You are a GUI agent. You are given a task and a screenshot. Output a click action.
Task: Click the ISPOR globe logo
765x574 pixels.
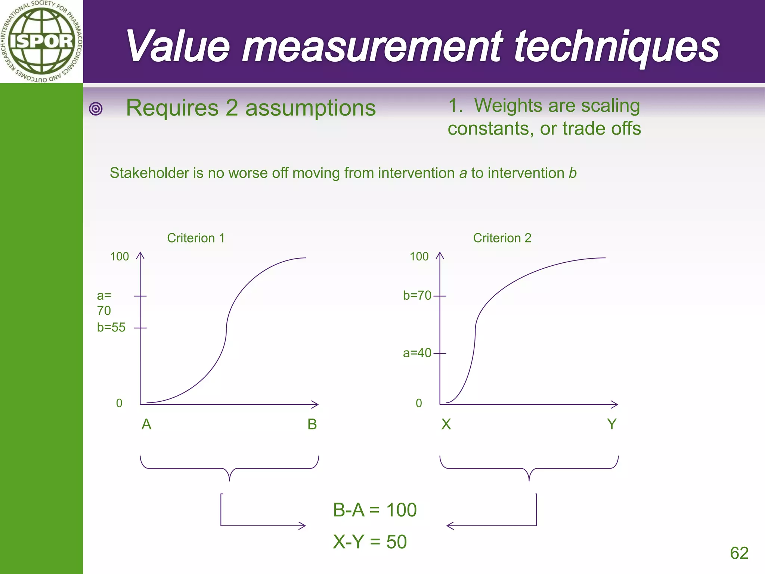[x=41, y=41]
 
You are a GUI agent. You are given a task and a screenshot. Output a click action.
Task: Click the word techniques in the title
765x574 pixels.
[x=616, y=47]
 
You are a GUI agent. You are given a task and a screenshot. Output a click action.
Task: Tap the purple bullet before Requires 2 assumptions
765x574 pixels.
[x=96, y=109]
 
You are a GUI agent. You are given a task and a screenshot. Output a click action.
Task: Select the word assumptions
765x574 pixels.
[x=310, y=108]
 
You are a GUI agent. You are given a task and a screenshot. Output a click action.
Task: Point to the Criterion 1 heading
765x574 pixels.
[x=196, y=238]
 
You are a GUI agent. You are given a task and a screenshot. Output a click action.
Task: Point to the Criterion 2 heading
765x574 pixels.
[x=502, y=238]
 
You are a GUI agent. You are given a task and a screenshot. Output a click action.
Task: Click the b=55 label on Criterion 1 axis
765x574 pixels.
[x=111, y=327]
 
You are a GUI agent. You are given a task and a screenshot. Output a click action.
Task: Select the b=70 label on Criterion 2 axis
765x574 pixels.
[x=417, y=296]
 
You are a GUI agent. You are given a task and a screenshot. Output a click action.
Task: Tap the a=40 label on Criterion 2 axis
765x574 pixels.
[x=417, y=353]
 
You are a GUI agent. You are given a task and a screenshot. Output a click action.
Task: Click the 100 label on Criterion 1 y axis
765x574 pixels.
[x=119, y=257]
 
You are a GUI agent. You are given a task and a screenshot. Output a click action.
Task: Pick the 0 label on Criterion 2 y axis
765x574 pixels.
[x=419, y=403]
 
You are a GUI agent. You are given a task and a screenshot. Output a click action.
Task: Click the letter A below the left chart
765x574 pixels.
[x=146, y=425]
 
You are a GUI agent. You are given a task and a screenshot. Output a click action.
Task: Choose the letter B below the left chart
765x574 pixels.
[x=312, y=425]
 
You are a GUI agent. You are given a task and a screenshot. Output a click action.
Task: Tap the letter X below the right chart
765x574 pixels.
[x=446, y=425]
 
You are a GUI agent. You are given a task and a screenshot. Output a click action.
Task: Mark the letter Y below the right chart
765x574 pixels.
[x=611, y=425]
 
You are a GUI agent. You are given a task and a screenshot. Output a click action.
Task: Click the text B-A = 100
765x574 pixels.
[x=375, y=510]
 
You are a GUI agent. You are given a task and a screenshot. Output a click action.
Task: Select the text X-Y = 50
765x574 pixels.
[x=370, y=542]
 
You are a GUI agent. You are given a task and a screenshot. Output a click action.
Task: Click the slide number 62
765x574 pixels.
[x=739, y=553]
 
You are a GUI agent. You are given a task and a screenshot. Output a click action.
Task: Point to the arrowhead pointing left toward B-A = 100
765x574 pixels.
[x=449, y=526]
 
